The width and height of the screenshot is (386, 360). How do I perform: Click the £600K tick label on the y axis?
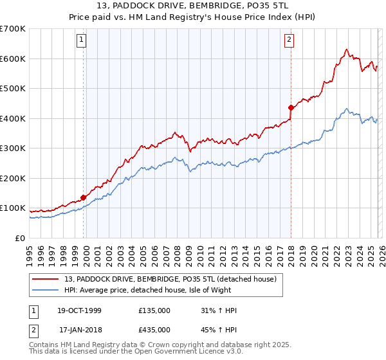pos(13,59)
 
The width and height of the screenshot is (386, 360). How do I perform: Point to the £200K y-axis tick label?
pos(13,178)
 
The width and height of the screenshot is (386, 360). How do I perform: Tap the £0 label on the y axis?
pos(20,238)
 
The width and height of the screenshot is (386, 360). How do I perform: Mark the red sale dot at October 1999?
pos(84,197)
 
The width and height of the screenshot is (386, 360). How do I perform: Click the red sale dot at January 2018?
pos(291,107)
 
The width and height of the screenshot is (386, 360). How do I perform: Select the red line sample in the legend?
pos(46,279)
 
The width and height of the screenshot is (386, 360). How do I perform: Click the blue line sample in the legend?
pos(46,290)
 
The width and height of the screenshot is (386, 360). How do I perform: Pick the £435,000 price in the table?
pos(154,329)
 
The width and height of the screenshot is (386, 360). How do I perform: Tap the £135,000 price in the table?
pos(154,310)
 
